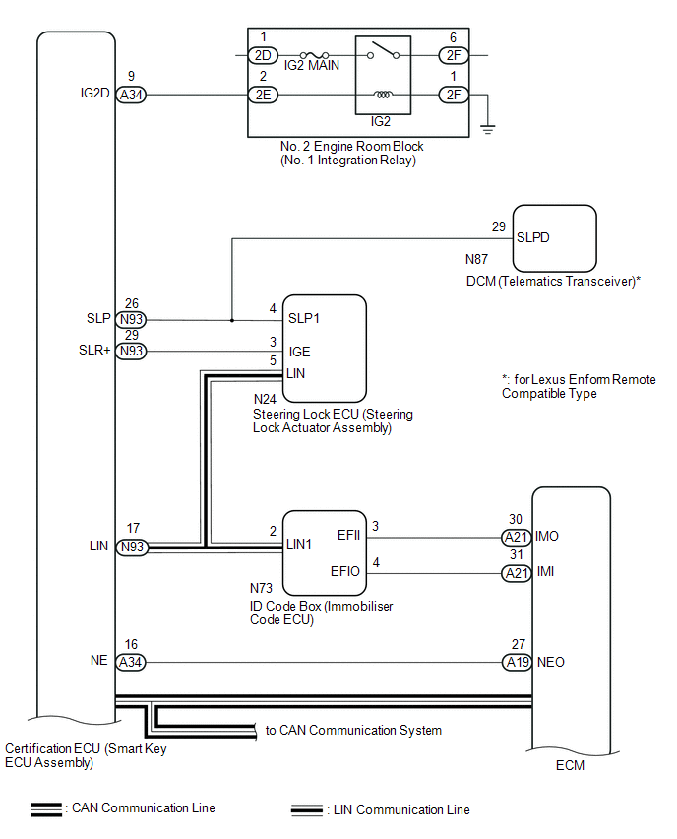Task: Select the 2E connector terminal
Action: pos(264,96)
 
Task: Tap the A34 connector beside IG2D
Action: pos(131,96)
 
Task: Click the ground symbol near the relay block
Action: pos(485,126)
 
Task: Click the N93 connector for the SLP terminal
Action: pos(131,320)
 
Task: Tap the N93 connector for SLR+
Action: pos(131,352)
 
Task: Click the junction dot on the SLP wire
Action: pos(232,320)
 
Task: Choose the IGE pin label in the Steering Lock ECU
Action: pos(299,352)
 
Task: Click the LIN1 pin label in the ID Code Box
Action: pos(300,543)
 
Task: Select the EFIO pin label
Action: pos(345,572)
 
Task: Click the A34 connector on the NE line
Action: pos(131,663)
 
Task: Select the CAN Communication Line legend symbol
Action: pos(45,809)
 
